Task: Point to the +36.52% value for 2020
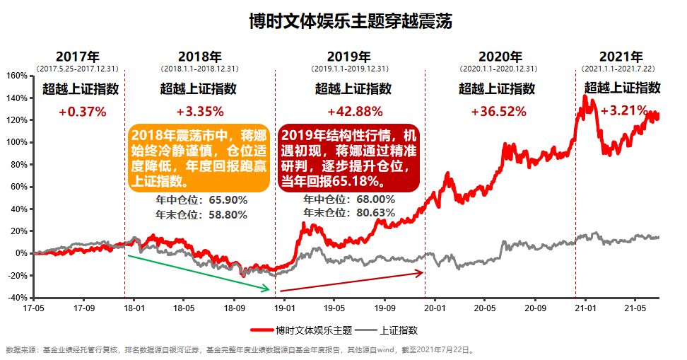tap(498, 111)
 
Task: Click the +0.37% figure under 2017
tap(82, 111)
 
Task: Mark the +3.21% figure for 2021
tap(624, 110)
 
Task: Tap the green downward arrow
tap(199, 272)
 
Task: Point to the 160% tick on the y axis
tap(17, 76)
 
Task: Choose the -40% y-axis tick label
tap(17, 298)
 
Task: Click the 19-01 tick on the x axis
tap(284, 308)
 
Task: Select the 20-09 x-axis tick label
tap(534, 308)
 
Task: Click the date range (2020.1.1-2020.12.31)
tap(499, 69)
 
